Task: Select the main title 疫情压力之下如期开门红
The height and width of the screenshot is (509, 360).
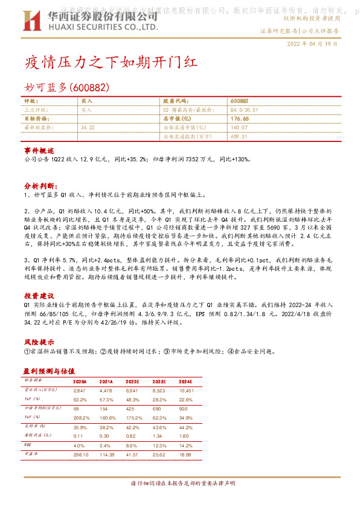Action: point(111,63)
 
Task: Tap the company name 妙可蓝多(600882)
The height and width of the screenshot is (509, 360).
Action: point(66,88)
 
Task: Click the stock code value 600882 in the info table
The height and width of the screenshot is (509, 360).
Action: point(239,101)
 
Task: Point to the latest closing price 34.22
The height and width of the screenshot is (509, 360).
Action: point(88,128)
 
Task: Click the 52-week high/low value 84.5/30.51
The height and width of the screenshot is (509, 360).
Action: point(244,110)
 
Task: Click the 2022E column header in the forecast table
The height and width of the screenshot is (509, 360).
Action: point(133,382)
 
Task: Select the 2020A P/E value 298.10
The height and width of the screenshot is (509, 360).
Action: point(80,454)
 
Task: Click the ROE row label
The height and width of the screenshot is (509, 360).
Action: point(27,445)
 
